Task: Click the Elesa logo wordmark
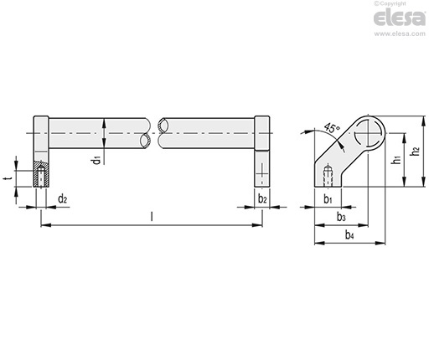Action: tap(399, 18)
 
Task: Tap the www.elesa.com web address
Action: tap(400, 33)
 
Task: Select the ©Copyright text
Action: tap(390, 3)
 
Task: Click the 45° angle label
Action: tap(332, 128)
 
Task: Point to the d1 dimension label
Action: tap(96, 161)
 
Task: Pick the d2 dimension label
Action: tap(62, 199)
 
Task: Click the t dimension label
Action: tap(8, 177)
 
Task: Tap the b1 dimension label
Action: tap(328, 199)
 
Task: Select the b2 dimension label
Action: tap(262, 199)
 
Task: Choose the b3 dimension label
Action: tap(341, 217)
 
